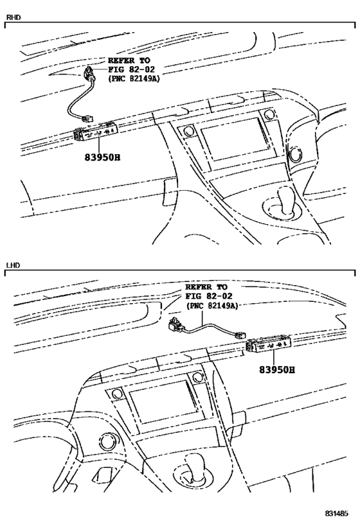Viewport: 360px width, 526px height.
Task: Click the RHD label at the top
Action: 14,17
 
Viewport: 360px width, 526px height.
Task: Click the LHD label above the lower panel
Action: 14,265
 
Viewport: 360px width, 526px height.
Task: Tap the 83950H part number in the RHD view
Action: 102,157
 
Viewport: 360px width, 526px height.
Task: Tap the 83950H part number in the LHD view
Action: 276,370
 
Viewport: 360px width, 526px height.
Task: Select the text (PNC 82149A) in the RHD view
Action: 134,78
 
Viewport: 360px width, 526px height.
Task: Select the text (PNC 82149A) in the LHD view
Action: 212,306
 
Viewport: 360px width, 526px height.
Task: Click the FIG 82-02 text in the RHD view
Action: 131,69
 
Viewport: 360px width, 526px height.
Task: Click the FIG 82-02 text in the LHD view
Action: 209,296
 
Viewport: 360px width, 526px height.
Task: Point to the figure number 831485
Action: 336,513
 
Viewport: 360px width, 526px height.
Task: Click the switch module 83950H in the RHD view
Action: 94,131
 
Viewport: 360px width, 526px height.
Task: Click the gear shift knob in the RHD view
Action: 286,201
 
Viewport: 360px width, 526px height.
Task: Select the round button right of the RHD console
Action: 296,155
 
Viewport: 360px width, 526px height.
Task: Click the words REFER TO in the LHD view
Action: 206,287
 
